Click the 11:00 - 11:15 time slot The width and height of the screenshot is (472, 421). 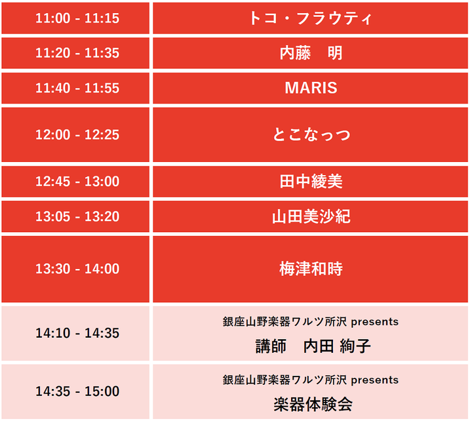pos(77,18)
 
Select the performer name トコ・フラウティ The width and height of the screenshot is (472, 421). pos(311,18)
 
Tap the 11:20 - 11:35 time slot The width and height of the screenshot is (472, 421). pos(77,53)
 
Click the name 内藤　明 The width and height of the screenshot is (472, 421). pos(311,53)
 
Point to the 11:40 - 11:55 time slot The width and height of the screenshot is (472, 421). pos(77,88)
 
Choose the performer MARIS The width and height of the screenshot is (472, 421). pos(311,88)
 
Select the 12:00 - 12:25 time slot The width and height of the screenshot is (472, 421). pos(77,134)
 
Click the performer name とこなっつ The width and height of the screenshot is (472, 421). pos(311,134)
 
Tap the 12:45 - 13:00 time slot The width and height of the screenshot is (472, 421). pos(77,181)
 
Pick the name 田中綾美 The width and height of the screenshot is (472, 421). pos(311,181)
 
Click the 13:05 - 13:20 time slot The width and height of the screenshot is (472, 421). pos(77,216)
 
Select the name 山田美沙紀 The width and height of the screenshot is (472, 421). pos(311,216)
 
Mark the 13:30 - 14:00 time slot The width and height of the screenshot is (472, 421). pos(77,269)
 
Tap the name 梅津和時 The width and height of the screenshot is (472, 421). pos(311,269)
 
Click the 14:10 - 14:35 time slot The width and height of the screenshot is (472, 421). pos(77,333)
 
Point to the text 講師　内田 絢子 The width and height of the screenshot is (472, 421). pos(313,346)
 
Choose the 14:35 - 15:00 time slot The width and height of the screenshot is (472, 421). pos(77,391)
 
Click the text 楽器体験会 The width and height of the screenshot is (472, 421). pos(313,404)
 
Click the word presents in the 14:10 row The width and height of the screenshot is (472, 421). pos(375,322)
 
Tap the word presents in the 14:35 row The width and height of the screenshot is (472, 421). pos(375,380)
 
